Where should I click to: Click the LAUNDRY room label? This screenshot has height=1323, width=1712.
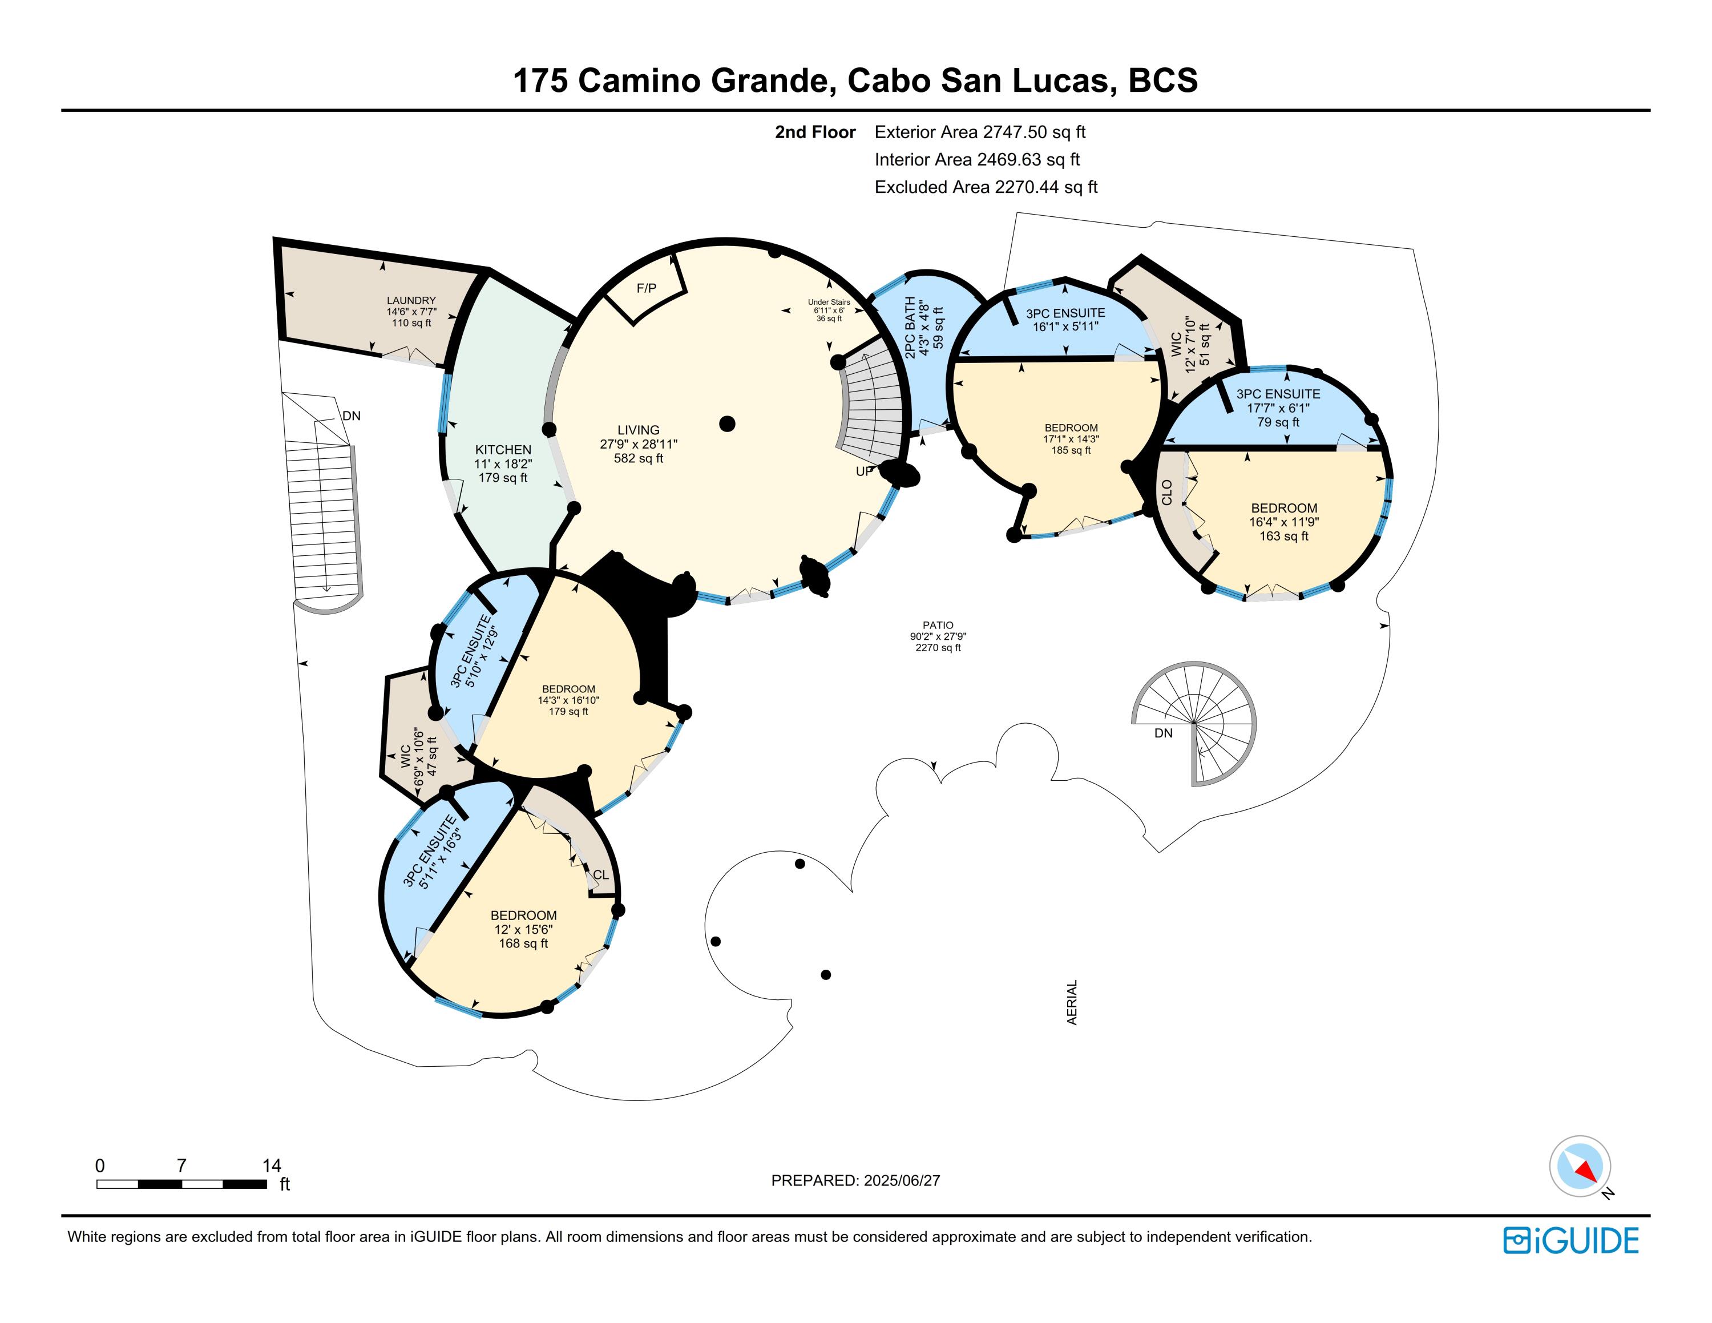pos(411,300)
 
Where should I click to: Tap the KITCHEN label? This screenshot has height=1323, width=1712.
pos(503,450)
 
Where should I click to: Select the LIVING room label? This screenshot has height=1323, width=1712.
pos(638,430)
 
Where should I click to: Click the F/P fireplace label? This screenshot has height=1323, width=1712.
pos(647,288)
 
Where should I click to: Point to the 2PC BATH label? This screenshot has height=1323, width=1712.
pos(910,328)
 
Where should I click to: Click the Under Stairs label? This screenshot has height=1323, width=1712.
pos(829,302)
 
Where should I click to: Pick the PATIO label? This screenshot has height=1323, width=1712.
pos(938,626)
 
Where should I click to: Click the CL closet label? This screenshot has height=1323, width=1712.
pos(600,876)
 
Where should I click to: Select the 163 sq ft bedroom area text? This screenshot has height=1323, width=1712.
pos(1284,536)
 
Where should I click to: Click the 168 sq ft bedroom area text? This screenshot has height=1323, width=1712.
pos(524,943)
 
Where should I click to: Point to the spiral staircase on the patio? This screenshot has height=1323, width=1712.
pos(1194,723)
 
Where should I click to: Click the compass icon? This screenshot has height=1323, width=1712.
pos(1580,1165)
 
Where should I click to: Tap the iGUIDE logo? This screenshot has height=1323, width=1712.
pos(1571,1241)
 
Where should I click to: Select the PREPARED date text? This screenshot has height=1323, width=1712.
pos(855,1180)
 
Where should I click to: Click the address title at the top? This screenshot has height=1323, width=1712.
pos(855,80)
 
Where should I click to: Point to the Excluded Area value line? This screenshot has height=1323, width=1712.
pos(986,187)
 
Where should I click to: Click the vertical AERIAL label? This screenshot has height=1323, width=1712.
pos(1072,1002)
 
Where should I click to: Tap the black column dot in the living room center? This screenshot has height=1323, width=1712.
pos(728,424)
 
